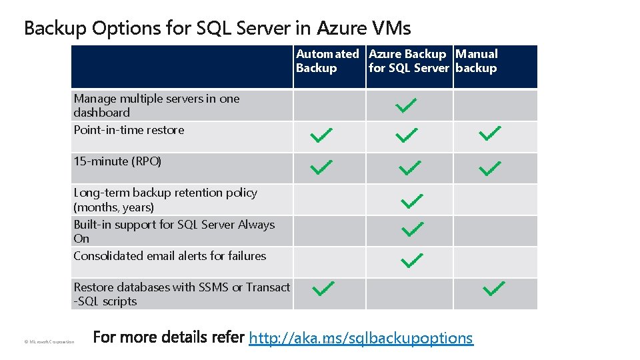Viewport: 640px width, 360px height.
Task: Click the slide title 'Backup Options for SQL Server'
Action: pos(217,28)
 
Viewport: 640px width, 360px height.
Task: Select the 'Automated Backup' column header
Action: pos(327,61)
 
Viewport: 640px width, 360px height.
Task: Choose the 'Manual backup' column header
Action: pos(476,61)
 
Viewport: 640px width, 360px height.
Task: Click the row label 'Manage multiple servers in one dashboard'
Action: pos(157,105)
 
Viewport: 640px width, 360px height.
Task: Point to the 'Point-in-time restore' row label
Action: pos(129,130)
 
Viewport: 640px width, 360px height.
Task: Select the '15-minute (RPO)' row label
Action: pos(117,161)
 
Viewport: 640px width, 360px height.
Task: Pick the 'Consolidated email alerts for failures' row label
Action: pos(169,256)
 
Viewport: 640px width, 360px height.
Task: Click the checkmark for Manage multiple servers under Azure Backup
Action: pos(405,105)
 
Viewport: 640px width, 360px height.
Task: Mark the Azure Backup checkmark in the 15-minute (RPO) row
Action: pos(409,168)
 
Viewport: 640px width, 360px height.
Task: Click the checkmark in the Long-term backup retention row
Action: pos(412,199)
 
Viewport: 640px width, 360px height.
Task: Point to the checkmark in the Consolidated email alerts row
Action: pos(412,259)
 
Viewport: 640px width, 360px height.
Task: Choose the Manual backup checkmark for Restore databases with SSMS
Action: pos(494,288)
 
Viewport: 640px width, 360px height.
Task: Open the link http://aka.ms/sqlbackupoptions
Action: pos(361,338)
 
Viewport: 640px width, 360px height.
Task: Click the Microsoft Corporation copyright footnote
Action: pos(49,342)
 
